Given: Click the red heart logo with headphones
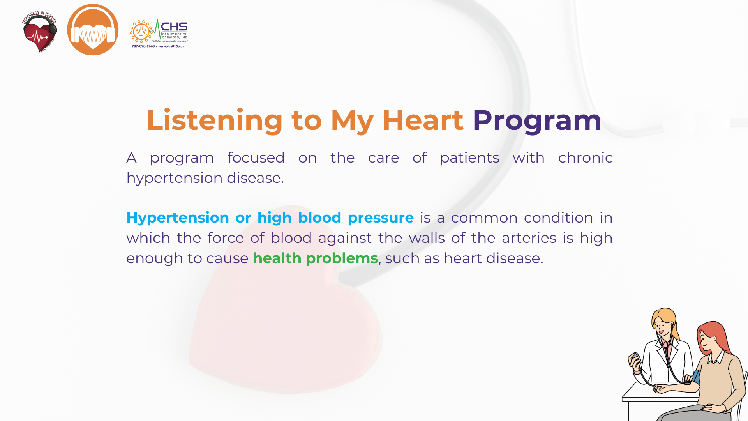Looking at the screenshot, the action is click(x=40, y=33).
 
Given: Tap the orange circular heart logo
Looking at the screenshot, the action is click(x=93, y=30).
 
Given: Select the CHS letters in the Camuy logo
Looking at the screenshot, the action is click(x=174, y=27).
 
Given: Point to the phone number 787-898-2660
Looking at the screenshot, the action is click(x=143, y=46).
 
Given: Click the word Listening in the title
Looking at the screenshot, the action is click(x=215, y=120).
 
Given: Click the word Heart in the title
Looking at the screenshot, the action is click(x=423, y=120).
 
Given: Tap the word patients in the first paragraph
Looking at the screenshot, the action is click(x=469, y=158).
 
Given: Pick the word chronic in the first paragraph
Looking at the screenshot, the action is click(x=586, y=157).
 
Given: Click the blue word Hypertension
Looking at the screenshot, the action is click(x=178, y=218).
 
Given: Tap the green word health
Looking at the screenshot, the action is click(x=277, y=258).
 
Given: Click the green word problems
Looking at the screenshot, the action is click(x=342, y=258).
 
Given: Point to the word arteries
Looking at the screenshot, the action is click(x=529, y=238).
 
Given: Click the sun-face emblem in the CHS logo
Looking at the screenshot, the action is click(x=141, y=31).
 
